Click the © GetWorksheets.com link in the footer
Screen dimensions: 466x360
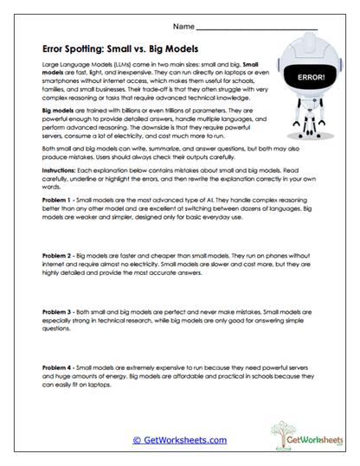pyautogui.click(x=180, y=440)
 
